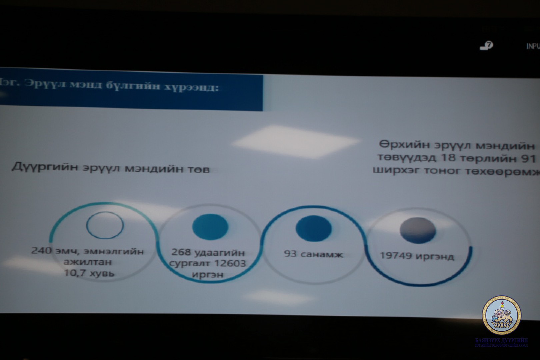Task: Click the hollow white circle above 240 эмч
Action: tap(105, 225)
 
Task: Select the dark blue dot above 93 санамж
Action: tap(313, 228)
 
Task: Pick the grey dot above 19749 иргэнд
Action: tap(417, 230)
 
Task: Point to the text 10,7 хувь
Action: tap(89, 274)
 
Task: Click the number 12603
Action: tap(230, 264)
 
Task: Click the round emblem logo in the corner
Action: tap(501, 315)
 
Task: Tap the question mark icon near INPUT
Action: tap(487, 46)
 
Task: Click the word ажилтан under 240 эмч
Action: tap(88, 262)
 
